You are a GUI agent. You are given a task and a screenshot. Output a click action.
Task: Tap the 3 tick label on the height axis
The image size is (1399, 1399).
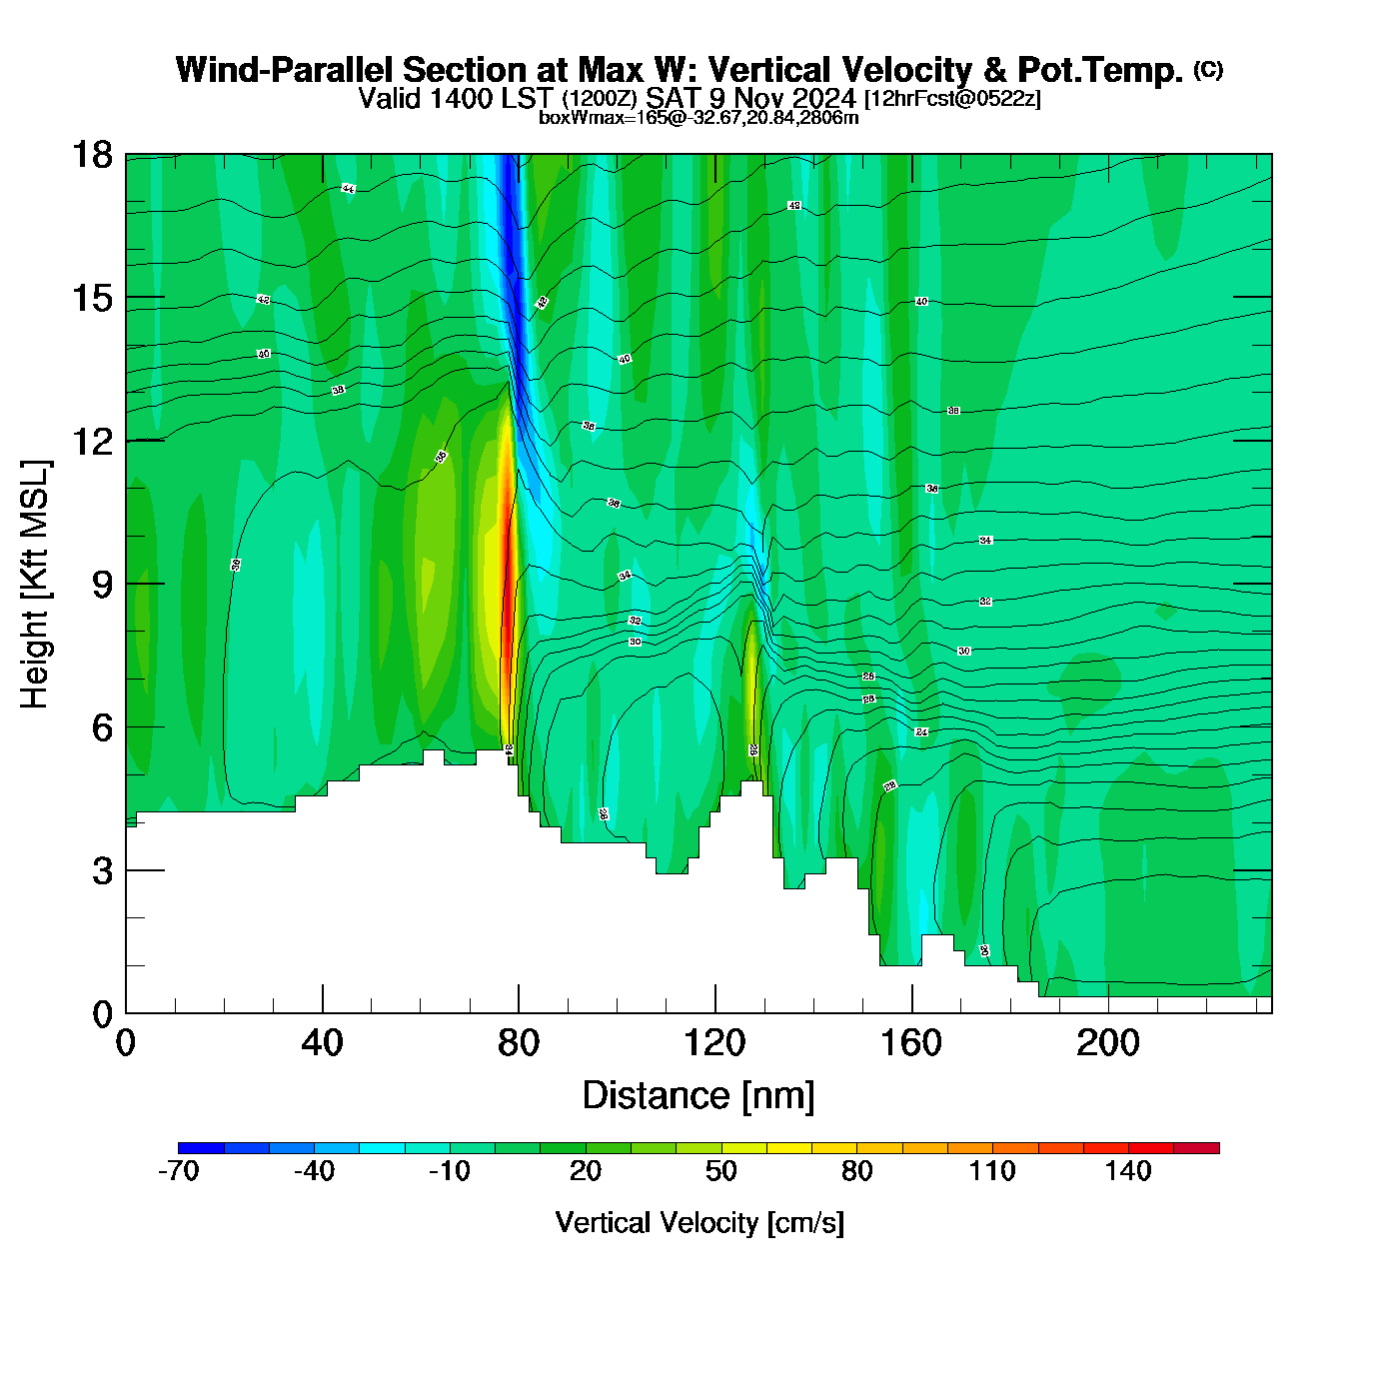(x=102, y=871)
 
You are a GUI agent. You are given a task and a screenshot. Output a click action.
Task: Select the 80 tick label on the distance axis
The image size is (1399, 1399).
(x=519, y=1043)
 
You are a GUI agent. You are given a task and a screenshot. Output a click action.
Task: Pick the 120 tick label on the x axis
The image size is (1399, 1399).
(x=715, y=1043)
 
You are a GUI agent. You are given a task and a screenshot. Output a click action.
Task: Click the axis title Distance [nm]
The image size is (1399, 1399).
(x=699, y=1095)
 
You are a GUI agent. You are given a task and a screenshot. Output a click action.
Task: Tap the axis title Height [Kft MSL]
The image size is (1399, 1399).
(x=35, y=585)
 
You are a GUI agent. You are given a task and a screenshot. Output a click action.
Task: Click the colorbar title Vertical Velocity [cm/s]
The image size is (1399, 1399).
(x=699, y=1222)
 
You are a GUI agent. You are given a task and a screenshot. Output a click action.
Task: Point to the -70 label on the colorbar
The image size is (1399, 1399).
(x=179, y=1171)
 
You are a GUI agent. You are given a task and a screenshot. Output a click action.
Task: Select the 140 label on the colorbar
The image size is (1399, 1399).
(x=1128, y=1171)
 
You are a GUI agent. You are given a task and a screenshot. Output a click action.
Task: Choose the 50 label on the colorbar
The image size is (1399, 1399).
(x=721, y=1171)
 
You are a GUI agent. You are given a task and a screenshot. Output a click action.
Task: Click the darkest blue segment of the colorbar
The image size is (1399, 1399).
(x=201, y=1148)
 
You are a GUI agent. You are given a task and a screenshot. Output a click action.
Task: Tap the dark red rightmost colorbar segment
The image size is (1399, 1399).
(x=1196, y=1148)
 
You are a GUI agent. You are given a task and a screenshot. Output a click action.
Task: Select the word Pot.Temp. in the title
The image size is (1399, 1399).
(x=1100, y=70)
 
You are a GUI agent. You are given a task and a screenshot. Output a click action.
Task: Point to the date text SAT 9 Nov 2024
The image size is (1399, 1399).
(x=750, y=98)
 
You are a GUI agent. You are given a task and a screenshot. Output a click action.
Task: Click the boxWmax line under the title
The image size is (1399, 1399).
(x=699, y=117)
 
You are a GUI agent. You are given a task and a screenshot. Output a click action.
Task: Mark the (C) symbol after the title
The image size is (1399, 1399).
(x=1208, y=69)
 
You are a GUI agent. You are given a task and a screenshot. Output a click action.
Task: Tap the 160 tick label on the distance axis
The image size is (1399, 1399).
(x=911, y=1043)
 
